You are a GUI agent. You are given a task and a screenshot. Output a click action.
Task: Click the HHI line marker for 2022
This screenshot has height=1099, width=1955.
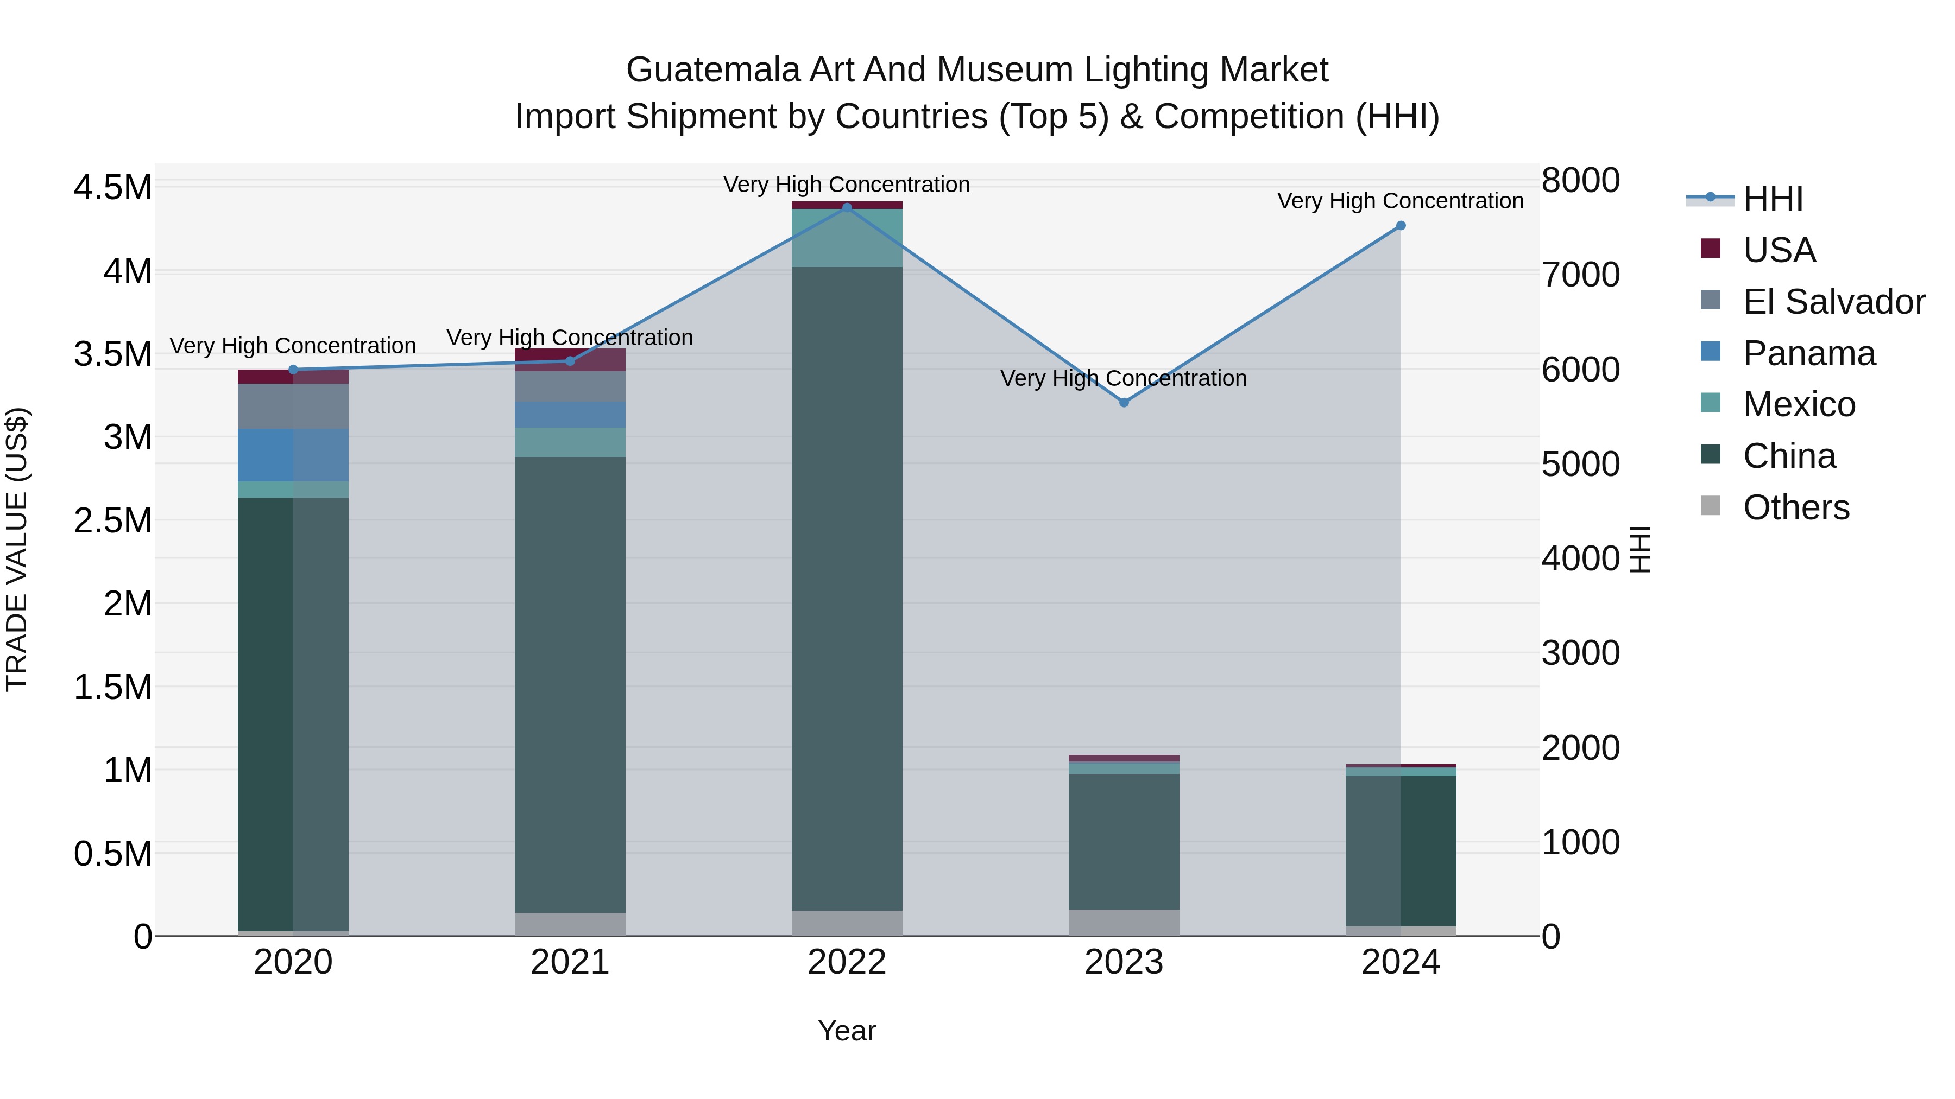tap(847, 207)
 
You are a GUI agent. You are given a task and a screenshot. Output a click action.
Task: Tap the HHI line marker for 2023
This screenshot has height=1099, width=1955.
tap(1124, 402)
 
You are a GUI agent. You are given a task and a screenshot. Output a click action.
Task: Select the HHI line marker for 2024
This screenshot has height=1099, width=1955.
tap(1401, 225)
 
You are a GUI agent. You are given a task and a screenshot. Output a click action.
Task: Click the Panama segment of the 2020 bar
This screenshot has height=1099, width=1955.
tap(293, 455)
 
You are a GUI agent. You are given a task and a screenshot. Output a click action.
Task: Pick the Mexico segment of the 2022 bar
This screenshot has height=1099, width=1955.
tap(847, 237)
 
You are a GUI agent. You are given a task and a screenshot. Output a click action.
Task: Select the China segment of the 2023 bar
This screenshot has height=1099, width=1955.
tap(1124, 841)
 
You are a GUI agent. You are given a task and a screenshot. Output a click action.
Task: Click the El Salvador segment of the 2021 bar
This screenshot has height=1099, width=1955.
tap(570, 386)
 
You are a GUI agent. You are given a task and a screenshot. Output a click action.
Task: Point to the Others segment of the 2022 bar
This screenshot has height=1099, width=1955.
tap(847, 923)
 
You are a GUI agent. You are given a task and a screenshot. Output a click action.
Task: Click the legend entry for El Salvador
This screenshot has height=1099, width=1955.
tap(1833, 302)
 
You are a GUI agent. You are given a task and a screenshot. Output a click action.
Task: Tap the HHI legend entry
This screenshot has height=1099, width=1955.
tap(1773, 199)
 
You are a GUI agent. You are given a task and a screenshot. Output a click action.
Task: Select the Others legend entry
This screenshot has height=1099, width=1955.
tap(1796, 507)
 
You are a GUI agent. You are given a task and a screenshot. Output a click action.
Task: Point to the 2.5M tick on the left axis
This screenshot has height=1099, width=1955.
tap(112, 520)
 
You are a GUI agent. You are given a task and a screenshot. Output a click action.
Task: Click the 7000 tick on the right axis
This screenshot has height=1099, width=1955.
tap(1580, 275)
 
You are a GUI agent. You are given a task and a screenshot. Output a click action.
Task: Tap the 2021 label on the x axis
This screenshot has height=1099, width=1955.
tap(570, 962)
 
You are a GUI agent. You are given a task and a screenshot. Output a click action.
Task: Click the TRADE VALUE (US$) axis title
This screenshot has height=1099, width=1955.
tap(17, 549)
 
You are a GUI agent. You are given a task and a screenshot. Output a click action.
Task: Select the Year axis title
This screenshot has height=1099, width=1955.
tap(847, 1031)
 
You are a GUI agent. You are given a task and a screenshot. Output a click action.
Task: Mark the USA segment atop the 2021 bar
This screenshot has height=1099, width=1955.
tap(570, 359)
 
